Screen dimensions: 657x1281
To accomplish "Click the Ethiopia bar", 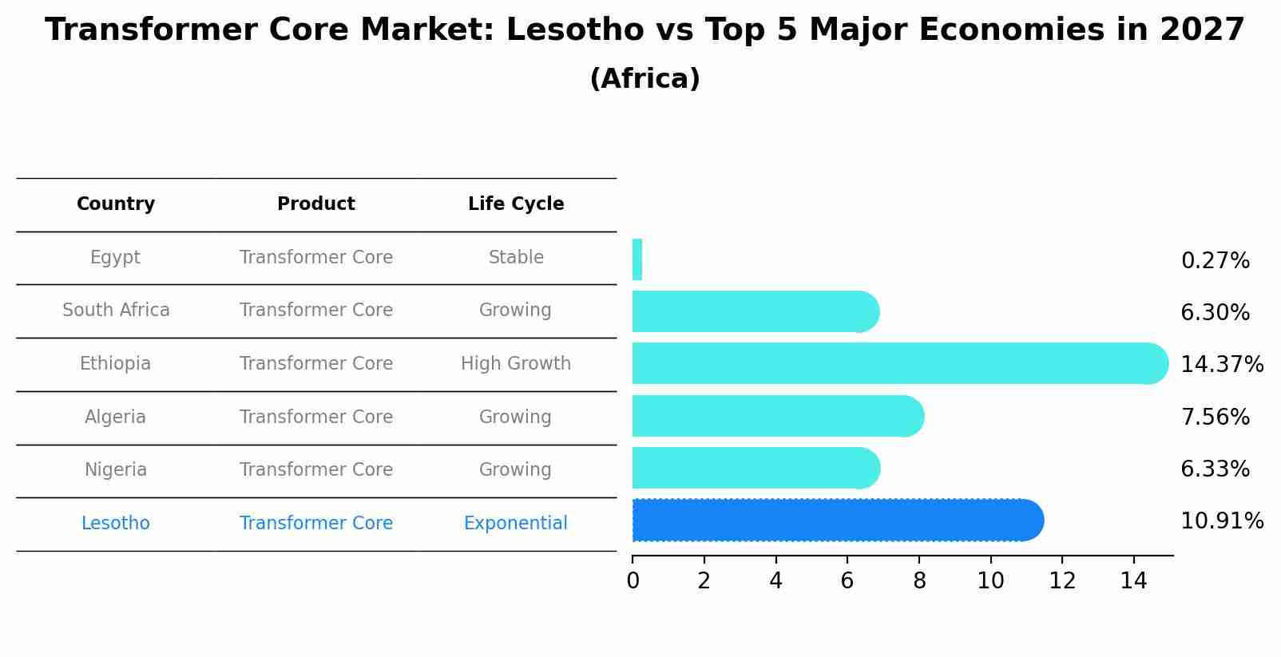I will point(898,363).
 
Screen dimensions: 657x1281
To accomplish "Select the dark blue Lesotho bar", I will point(837,520).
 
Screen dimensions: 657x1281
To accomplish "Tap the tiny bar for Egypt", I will point(637,259).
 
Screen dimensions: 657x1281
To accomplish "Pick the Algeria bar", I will point(777,416).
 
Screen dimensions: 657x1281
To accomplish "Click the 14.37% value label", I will point(1221,365).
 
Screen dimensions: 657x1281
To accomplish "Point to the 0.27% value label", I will point(1215,261).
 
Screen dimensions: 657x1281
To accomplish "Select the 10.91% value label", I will point(1221,521).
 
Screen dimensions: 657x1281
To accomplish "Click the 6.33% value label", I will point(1215,469).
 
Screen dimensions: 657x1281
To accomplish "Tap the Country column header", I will point(116,204).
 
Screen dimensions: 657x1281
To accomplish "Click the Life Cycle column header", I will point(516,204).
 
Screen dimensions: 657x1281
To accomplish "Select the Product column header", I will point(316,204).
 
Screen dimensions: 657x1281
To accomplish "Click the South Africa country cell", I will point(116,311).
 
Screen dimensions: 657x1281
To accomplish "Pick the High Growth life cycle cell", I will point(516,364).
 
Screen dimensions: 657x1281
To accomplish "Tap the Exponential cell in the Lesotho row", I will point(516,524).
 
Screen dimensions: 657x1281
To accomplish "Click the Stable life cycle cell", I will point(516,258).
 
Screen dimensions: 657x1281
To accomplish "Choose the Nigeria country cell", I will point(116,470).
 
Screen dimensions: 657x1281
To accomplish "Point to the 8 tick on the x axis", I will point(919,581).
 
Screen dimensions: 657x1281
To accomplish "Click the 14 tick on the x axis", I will point(1133,581).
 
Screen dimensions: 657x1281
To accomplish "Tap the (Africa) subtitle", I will point(644,79).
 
